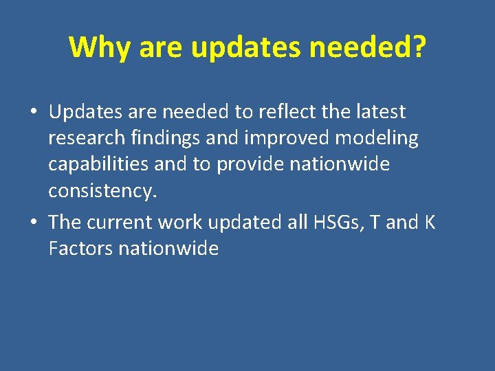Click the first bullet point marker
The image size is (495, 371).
pos(34,112)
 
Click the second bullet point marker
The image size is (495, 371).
pos(34,223)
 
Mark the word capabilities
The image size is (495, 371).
pos(98,165)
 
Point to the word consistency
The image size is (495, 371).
pos(102,191)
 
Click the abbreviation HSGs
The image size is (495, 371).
pos(330,222)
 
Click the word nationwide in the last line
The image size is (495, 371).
pos(168,248)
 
